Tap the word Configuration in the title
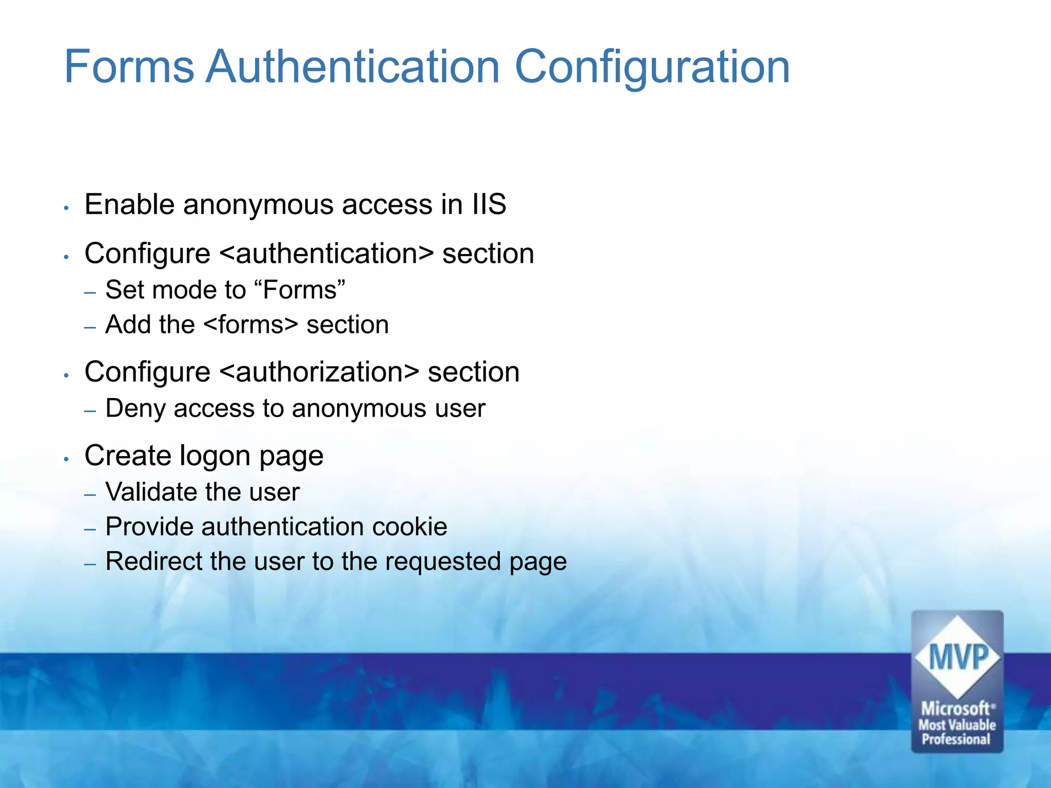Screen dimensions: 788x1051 click(x=652, y=68)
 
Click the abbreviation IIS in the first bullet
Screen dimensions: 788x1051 click(x=489, y=204)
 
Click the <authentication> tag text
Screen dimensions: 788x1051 click(x=326, y=253)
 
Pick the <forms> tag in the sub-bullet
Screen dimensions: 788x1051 click(x=251, y=325)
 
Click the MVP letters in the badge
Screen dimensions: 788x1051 click(x=958, y=657)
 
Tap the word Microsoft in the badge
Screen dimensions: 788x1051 click(x=956, y=708)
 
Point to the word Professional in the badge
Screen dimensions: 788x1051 click(x=956, y=739)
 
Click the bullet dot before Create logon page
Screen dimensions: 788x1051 click(x=66, y=459)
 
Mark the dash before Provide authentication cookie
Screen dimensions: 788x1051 click(x=90, y=529)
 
